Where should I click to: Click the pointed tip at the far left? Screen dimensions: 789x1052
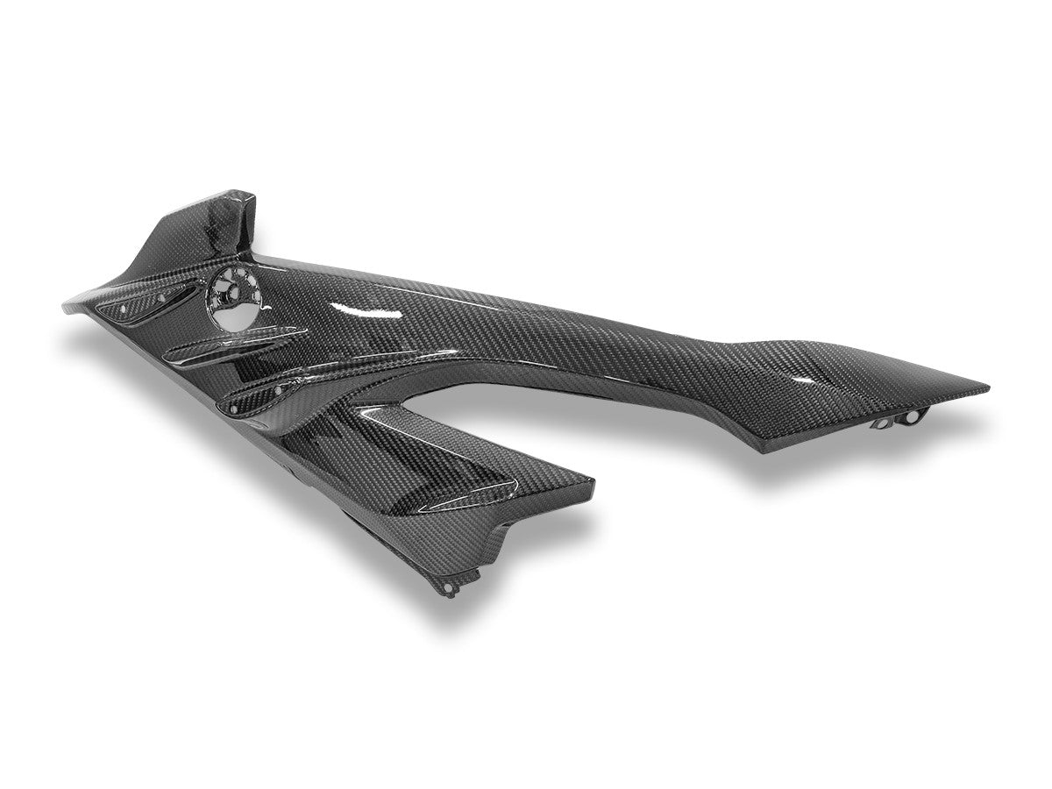coord(66,306)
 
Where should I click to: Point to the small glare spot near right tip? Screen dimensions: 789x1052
coord(802,379)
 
